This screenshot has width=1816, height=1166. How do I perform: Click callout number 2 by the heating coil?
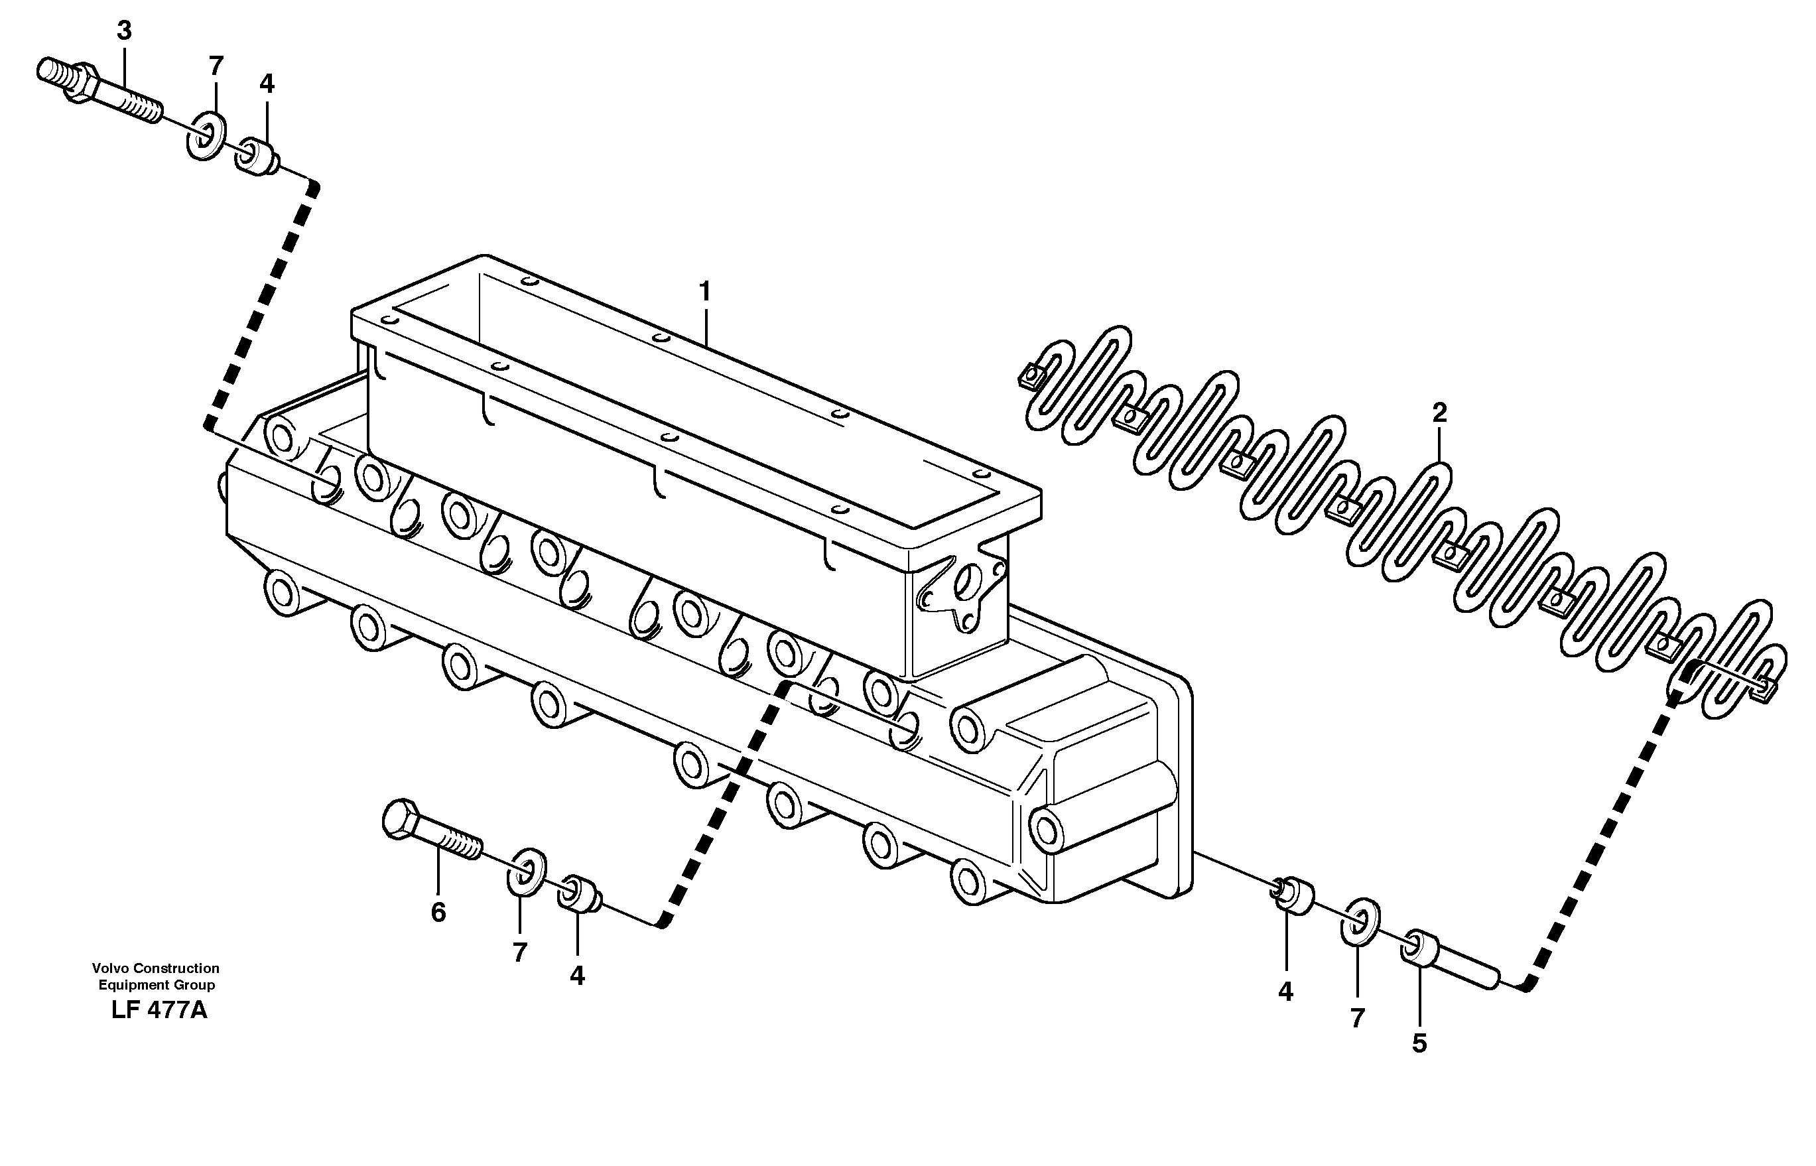tap(1439, 413)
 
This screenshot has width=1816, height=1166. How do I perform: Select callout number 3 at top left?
tap(124, 31)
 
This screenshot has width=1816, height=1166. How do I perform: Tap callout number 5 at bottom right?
tap(1419, 1043)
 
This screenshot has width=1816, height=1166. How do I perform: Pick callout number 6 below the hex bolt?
tap(438, 913)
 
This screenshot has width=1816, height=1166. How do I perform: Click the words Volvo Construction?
tap(155, 968)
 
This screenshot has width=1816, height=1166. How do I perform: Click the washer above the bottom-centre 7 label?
tap(525, 872)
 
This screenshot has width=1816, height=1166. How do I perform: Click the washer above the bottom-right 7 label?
tap(1360, 922)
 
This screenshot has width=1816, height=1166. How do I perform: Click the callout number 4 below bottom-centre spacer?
tap(577, 976)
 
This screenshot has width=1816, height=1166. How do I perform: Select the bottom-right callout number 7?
tap(1357, 1018)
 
